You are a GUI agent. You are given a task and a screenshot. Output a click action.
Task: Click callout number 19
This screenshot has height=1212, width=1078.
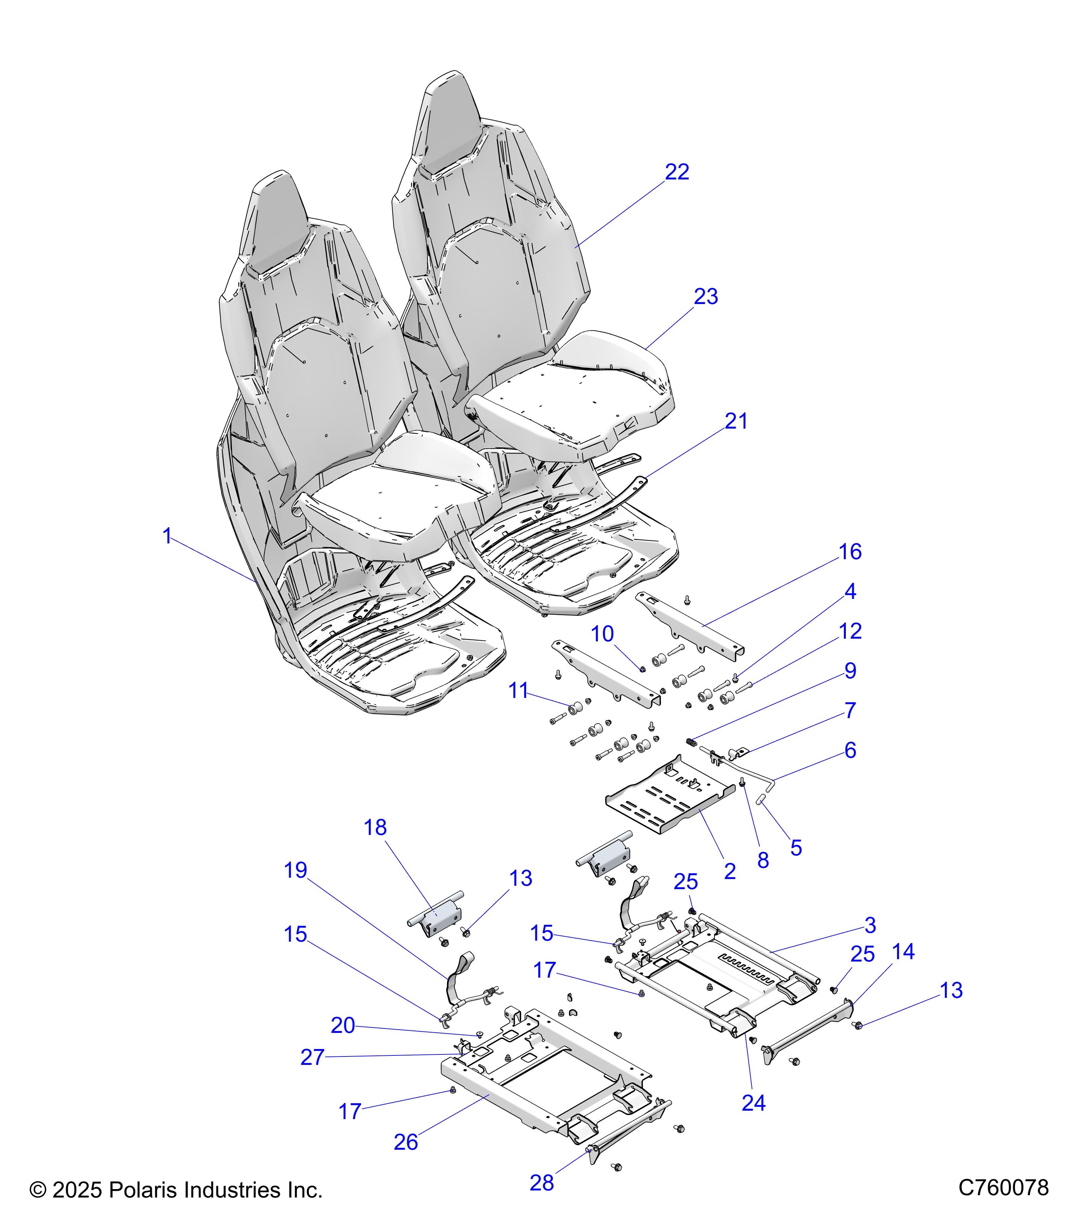[295, 871]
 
